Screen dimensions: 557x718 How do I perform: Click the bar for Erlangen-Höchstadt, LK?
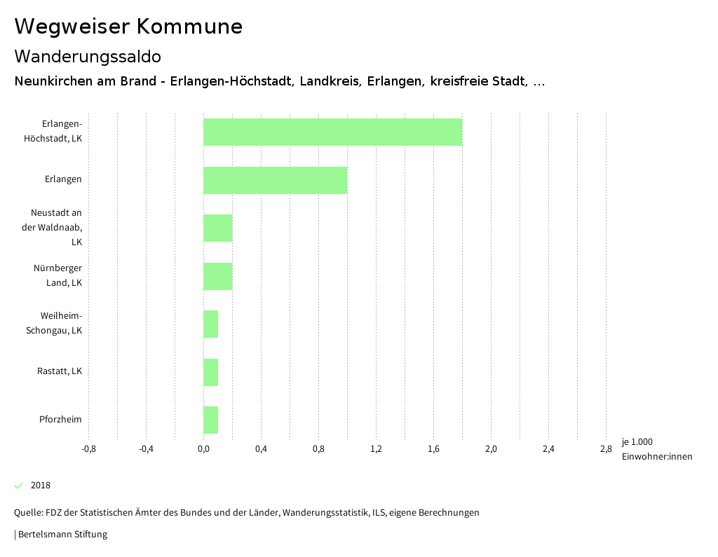tap(332, 132)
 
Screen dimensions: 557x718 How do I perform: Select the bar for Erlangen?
tap(275, 180)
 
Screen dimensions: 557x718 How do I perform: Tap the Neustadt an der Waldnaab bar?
tap(217, 228)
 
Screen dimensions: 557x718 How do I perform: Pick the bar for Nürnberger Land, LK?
tap(217, 276)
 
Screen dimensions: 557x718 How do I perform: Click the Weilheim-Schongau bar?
tap(210, 324)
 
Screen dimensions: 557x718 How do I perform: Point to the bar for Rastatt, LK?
tap(210, 372)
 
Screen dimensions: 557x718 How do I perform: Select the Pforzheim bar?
tap(210, 420)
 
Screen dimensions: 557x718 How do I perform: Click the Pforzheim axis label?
tap(60, 420)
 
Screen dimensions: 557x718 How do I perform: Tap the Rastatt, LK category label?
tap(60, 371)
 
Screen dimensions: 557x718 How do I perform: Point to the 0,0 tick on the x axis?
tap(203, 449)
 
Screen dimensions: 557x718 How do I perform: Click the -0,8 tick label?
tap(88, 449)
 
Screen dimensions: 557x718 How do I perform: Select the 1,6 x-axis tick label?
tap(433, 449)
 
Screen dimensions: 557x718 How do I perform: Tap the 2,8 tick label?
tap(606, 449)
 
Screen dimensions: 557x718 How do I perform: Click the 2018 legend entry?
tap(41, 486)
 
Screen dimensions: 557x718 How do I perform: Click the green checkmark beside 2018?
tap(19, 486)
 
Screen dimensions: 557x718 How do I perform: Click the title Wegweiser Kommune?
tap(128, 27)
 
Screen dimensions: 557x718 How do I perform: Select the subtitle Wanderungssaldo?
tap(88, 56)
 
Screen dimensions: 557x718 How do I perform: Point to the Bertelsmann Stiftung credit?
tap(61, 535)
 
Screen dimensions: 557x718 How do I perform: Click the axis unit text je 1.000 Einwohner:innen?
tap(656, 449)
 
